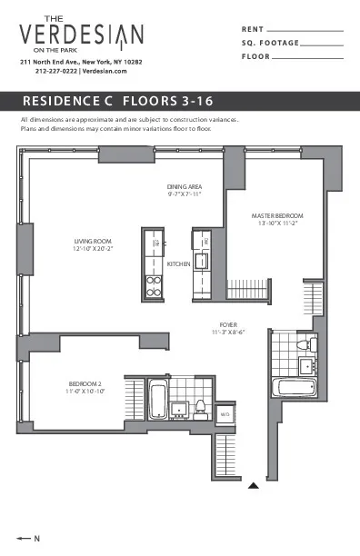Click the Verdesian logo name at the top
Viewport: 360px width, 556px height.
(x=82, y=35)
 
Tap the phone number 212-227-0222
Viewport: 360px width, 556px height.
(x=56, y=71)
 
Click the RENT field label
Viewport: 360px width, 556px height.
(x=253, y=30)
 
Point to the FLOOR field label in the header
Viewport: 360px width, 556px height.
(x=256, y=56)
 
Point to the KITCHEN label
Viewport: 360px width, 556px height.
(x=179, y=263)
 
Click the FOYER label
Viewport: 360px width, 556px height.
(x=229, y=324)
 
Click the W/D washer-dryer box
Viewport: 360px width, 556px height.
(x=224, y=416)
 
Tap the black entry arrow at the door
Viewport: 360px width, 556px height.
(x=255, y=485)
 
